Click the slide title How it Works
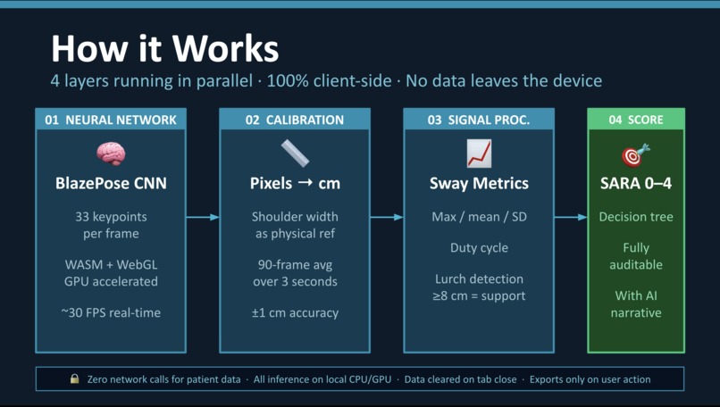[x=164, y=47]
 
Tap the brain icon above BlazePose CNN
[x=111, y=154]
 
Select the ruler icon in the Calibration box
[x=295, y=154]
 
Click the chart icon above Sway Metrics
[x=479, y=154]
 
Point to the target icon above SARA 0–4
[x=636, y=155]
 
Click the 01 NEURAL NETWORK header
[x=111, y=120]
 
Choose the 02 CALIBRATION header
[x=295, y=120]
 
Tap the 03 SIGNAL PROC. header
[x=479, y=120]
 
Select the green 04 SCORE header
[x=636, y=120]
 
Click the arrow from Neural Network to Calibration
[x=203, y=217]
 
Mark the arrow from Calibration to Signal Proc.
[x=387, y=217]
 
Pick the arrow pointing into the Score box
[x=571, y=217]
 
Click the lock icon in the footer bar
[x=75, y=379]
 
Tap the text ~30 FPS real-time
[x=111, y=312]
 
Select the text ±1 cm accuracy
[x=295, y=312]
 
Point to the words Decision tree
[x=636, y=217]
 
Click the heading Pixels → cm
[x=295, y=184]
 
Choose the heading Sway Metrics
[x=479, y=184]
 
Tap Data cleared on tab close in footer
[x=460, y=379]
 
